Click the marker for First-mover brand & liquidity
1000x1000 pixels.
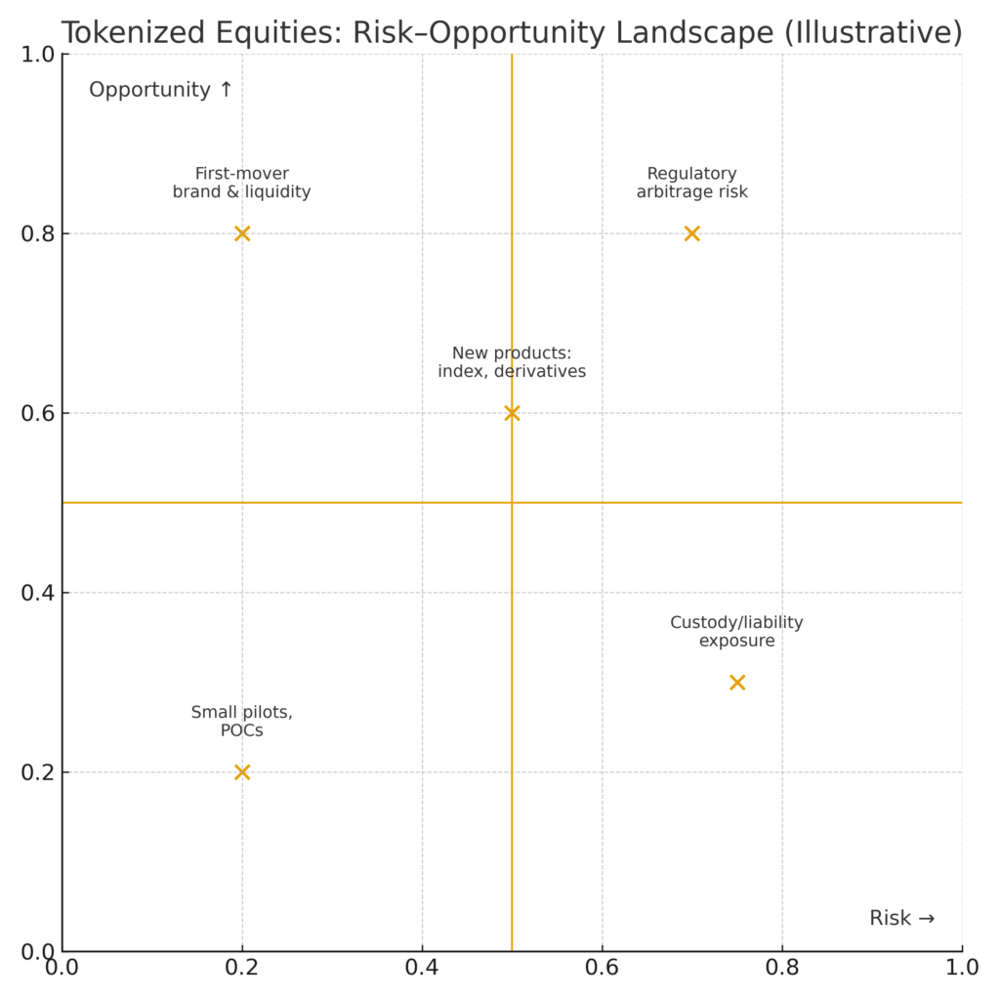coord(242,233)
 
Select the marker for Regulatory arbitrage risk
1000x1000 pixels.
coord(692,233)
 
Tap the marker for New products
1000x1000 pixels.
coord(512,413)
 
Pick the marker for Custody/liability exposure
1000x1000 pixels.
coord(737,683)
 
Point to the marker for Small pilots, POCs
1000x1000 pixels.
coord(242,772)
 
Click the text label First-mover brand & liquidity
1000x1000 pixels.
coord(242,183)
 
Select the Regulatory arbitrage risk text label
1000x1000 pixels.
coord(692,183)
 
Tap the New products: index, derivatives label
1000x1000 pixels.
coord(512,362)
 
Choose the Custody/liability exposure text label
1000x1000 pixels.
coord(737,632)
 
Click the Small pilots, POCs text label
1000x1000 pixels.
coord(242,722)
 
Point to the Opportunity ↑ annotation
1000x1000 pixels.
coord(161,90)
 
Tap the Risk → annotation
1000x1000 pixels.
coord(902,918)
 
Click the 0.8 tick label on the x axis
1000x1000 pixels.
coord(782,968)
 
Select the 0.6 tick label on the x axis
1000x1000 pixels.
coord(603,968)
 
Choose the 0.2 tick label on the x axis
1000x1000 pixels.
coord(242,968)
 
